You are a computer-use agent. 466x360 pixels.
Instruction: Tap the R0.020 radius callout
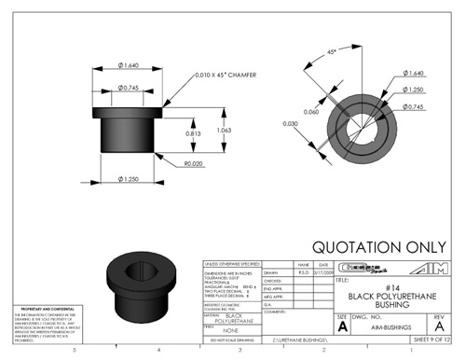(x=193, y=163)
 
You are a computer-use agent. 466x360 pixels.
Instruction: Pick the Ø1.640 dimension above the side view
(x=130, y=64)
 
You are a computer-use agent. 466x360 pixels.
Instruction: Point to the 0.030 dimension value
(x=290, y=122)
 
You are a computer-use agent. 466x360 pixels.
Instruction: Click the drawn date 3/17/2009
(x=326, y=272)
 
